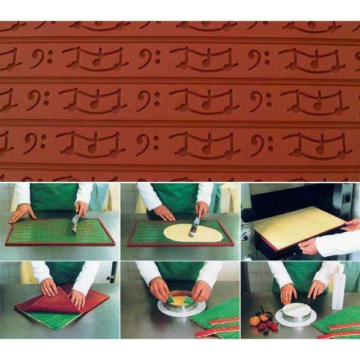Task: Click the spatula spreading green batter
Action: point(76,223)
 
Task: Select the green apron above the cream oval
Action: point(175,195)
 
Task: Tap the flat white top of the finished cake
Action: point(295,310)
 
